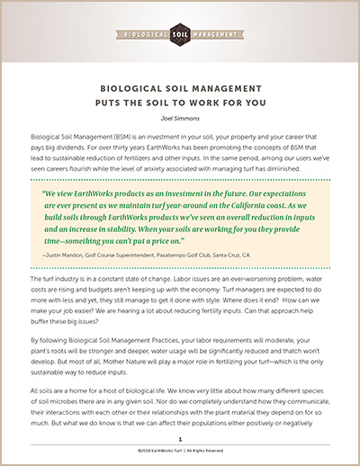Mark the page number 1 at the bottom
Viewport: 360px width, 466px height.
[x=180, y=440]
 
